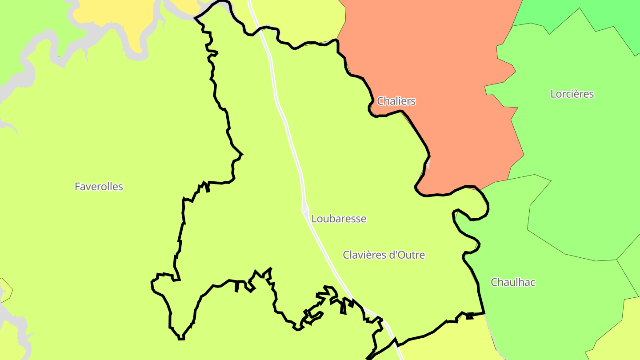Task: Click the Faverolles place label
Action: [x=99, y=187]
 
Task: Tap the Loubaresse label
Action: [x=339, y=219]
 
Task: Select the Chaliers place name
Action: [x=396, y=101]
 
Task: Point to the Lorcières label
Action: [x=572, y=94]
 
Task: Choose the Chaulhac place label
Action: [x=513, y=282]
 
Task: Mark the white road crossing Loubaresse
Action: [x=289, y=133]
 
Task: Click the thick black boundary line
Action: [x=227, y=120]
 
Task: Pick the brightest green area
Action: [x=578, y=11]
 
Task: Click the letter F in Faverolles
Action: [x=77, y=187]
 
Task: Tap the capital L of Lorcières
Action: [x=553, y=94]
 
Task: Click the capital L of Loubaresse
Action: [x=314, y=219]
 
